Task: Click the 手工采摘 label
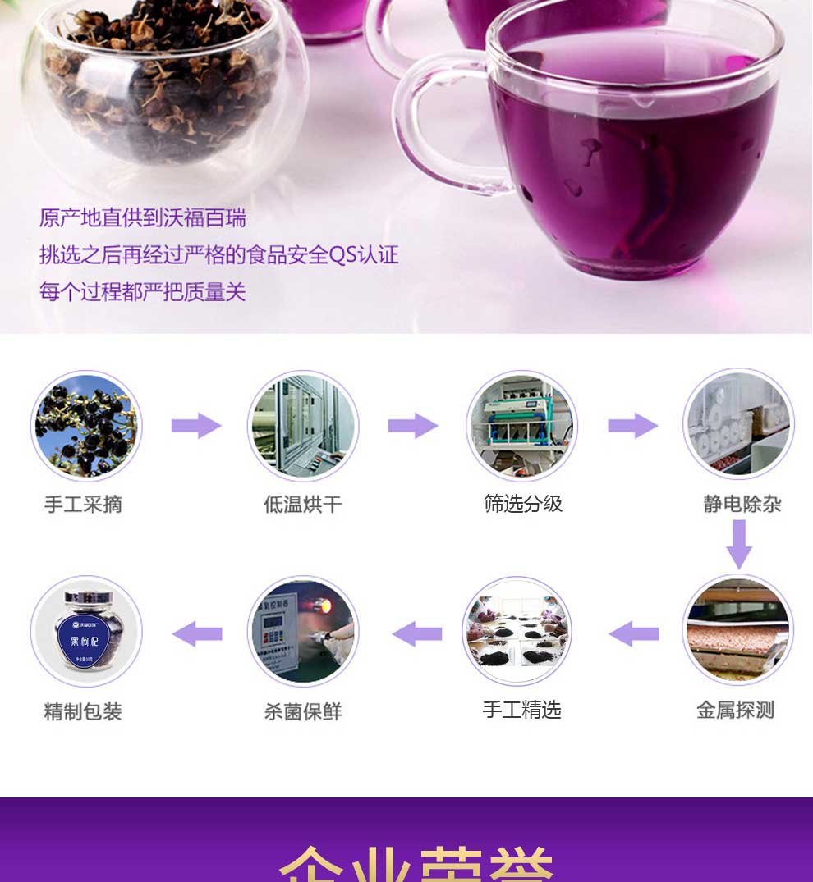coord(83,504)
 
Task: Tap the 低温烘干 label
coord(302,504)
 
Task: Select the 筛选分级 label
coord(523,503)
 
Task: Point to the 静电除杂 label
coord(742,504)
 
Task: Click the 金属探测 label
coord(735,710)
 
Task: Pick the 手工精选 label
coord(521,710)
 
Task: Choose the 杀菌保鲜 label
coord(302,711)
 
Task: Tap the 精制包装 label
coord(83,711)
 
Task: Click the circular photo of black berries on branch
coord(86,426)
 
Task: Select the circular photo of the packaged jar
coord(86,631)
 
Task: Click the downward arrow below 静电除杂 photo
coord(739,543)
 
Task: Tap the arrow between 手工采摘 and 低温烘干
coord(196,426)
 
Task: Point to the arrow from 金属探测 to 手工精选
coord(633,633)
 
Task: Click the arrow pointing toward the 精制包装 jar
coord(197,633)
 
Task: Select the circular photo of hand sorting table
coord(517,631)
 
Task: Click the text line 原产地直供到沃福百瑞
coord(143,218)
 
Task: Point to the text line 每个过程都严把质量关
coord(143,292)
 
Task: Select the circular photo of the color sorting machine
coord(522,426)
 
